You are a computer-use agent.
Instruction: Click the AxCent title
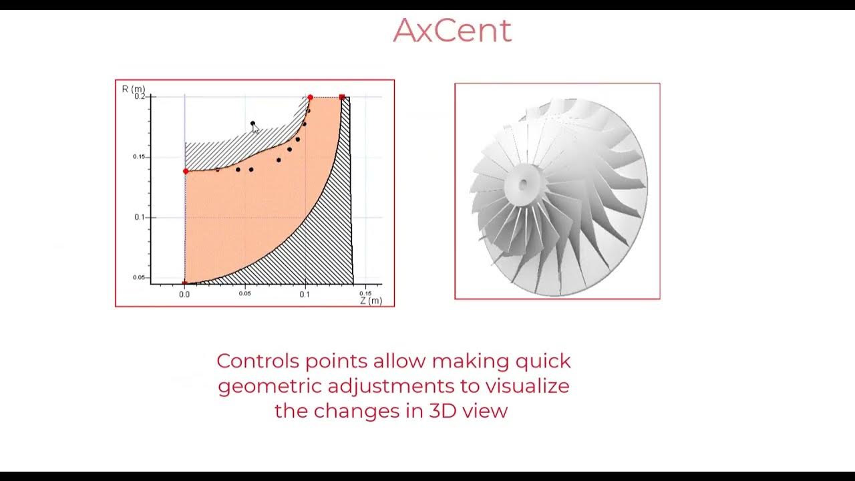tap(452, 31)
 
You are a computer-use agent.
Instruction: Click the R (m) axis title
tap(133, 89)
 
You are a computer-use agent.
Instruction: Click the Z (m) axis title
tap(371, 301)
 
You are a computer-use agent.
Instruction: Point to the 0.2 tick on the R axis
tap(140, 96)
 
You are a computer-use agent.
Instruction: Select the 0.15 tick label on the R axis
tap(138, 157)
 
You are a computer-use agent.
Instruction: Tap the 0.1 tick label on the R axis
tap(140, 217)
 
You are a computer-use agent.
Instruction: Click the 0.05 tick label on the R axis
tap(138, 277)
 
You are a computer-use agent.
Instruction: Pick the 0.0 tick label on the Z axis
tap(184, 294)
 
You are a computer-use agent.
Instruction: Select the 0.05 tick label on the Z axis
tap(245, 294)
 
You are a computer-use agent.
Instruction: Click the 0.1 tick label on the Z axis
tap(305, 294)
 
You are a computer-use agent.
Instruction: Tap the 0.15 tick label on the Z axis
tap(365, 293)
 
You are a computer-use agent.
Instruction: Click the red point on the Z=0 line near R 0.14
tap(185, 172)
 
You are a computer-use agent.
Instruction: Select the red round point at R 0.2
tap(310, 98)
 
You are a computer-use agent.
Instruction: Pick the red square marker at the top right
tap(342, 98)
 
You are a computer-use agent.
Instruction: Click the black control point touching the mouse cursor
tap(252, 124)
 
